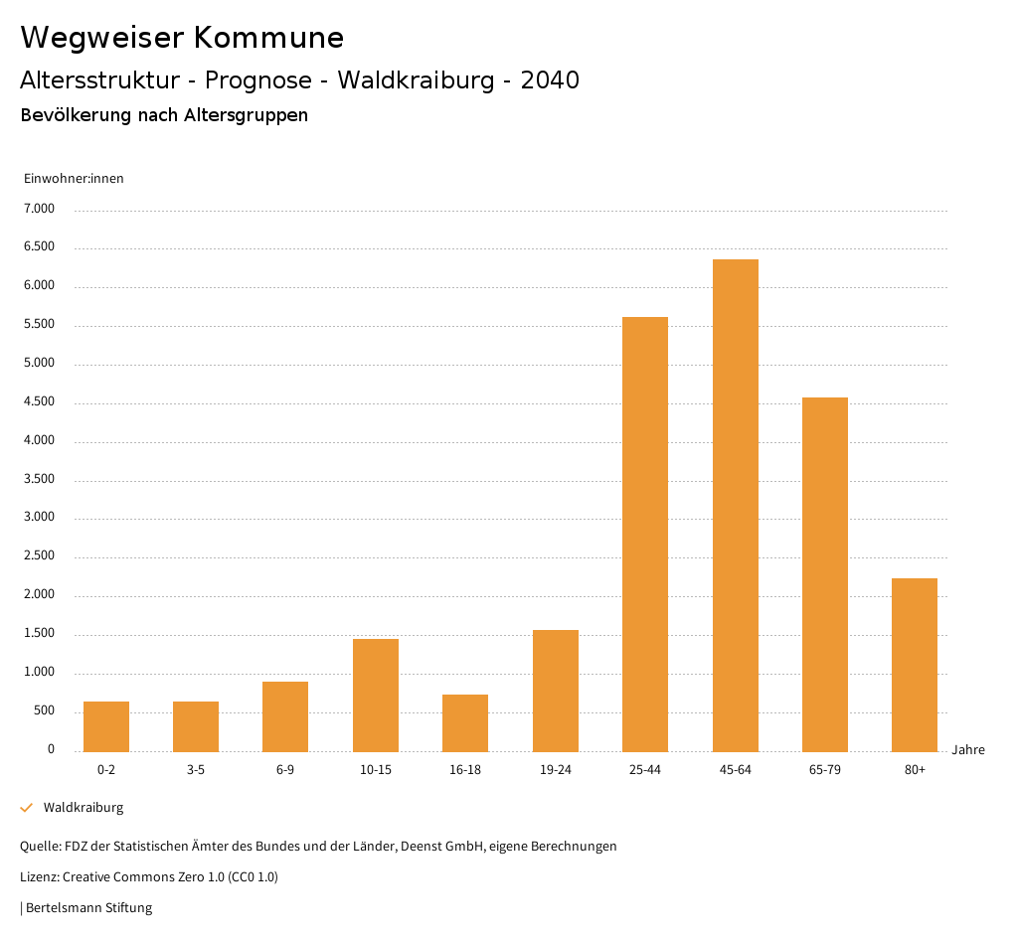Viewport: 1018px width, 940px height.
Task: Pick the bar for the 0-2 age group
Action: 106,726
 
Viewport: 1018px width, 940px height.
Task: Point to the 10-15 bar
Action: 376,695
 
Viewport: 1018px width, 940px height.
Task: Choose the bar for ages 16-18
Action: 465,722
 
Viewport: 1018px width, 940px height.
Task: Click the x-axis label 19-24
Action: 556,770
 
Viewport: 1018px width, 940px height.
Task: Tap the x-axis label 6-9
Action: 285,770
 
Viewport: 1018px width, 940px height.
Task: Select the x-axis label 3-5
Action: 196,770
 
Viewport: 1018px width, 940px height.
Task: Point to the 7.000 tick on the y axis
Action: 39,209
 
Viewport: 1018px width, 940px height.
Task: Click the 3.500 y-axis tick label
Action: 39,479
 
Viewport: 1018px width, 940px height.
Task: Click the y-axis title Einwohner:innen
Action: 74,179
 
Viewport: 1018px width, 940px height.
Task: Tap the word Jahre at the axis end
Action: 968,750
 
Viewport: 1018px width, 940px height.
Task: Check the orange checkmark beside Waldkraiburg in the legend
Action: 27,808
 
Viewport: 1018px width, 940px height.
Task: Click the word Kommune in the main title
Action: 268,38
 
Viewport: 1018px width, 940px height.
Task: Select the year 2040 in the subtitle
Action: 550,80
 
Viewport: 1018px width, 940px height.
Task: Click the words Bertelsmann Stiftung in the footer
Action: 88,908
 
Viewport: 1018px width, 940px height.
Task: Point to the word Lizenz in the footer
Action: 39,877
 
